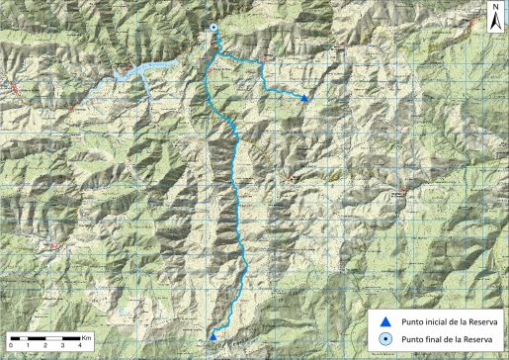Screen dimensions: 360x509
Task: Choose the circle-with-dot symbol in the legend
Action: point(385,340)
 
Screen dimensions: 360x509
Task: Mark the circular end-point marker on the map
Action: point(212,29)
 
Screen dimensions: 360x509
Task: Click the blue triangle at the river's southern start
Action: point(213,335)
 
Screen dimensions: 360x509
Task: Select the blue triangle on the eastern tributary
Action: point(304,98)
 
